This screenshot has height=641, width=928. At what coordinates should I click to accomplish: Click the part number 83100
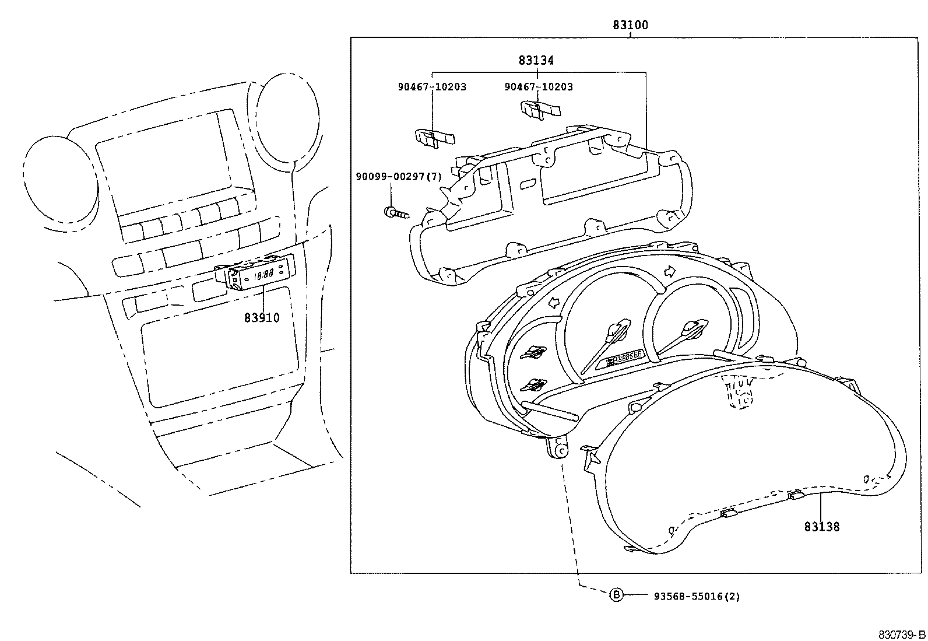tap(630, 25)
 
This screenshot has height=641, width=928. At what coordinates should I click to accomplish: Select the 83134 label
tap(536, 61)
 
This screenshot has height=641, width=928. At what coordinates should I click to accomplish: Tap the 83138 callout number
tap(821, 527)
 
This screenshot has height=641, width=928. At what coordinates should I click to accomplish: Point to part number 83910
tap(262, 318)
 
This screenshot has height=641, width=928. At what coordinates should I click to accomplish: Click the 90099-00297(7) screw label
tap(399, 177)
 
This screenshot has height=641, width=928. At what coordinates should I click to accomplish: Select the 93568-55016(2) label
tap(697, 596)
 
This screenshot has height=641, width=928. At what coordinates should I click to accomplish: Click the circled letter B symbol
tap(616, 595)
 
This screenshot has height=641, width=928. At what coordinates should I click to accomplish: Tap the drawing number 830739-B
tap(902, 635)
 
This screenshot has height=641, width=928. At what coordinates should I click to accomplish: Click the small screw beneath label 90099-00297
tap(396, 213)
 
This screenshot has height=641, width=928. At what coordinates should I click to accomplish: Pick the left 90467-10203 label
tap(432, 87)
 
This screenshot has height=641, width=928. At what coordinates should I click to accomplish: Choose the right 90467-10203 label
tap(539, 87)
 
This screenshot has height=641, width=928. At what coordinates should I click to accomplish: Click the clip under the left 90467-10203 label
tap(435, 138)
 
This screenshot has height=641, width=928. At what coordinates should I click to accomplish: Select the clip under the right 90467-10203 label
tap(540, 110)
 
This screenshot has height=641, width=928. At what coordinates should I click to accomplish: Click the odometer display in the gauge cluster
tap(624, 359)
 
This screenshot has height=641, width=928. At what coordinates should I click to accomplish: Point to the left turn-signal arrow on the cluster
tap(554, 303)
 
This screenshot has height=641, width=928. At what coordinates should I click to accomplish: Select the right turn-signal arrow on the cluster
tap(670, 271)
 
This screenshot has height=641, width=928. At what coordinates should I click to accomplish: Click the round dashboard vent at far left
tap(61, 184)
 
